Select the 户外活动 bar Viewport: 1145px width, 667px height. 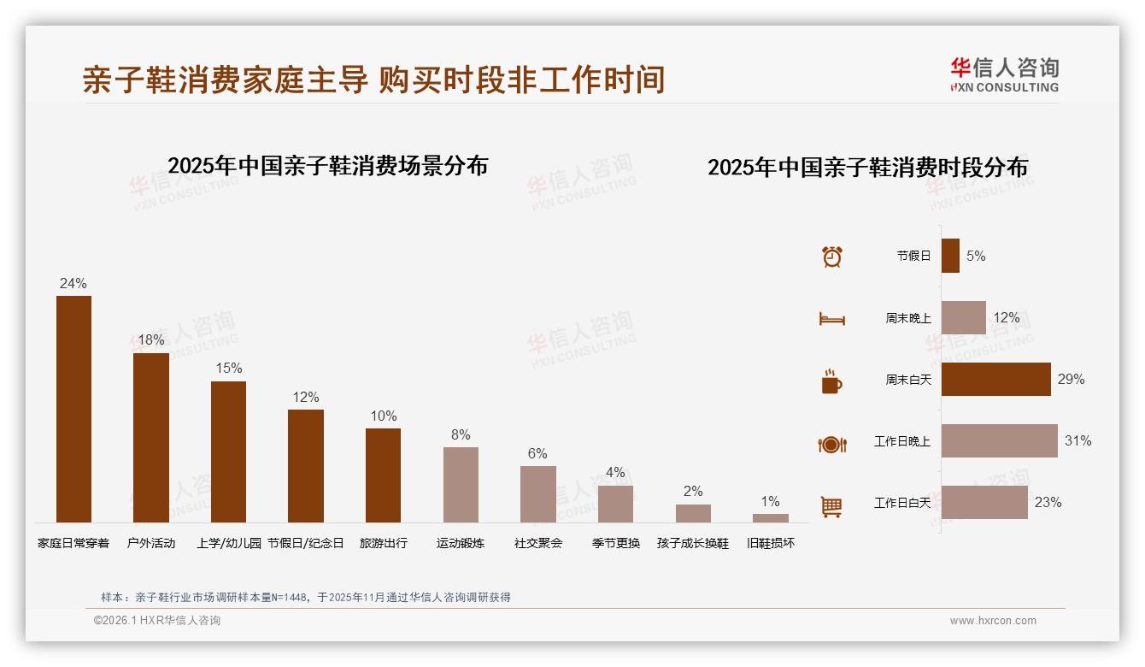coord(151,437)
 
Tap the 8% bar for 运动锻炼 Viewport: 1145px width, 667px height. coord(461,484)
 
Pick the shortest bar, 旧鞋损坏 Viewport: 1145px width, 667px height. coord(770,517)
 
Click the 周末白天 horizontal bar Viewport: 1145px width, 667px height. coord(995,379)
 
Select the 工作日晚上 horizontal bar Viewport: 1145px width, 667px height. coord(999,440)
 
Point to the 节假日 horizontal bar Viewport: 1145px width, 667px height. coord(950,256)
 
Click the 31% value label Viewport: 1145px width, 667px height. coord(1077,441)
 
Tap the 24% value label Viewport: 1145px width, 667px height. coord(73,284)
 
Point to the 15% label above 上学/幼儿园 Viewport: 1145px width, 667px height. coord(228,369)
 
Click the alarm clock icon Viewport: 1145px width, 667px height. coord(831,256)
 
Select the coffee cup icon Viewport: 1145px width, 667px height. coord(831,381)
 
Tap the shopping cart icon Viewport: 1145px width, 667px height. coord(831,506)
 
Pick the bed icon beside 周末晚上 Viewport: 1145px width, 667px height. coord(831,319)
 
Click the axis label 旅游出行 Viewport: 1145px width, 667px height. coord(383,543)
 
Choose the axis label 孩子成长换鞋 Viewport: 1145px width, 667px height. coord(693,543)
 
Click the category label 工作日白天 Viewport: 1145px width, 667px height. coord(901,503)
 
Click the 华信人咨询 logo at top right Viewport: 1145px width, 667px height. coord(1004,74)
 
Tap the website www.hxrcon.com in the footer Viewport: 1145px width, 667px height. coord(992,621)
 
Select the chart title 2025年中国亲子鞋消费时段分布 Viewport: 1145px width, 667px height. coord(867,167)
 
